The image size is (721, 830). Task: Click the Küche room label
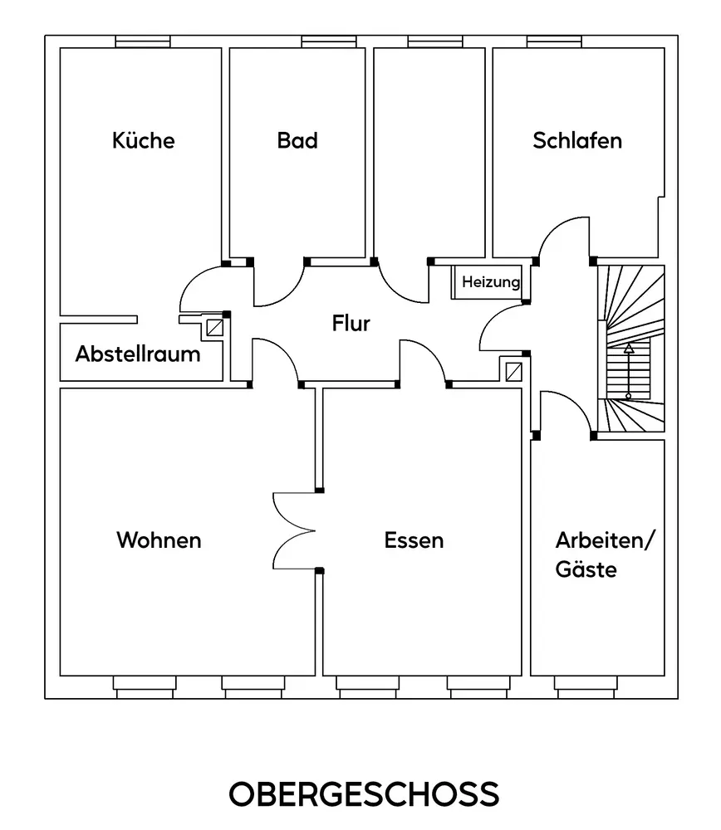144,140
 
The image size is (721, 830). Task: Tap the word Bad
297,140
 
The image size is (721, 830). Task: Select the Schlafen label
577,140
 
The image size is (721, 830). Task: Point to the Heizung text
491,282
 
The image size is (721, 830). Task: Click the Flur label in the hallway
351,324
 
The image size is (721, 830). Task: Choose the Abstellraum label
138,354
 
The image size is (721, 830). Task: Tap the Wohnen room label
159,540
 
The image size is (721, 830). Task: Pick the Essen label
414,540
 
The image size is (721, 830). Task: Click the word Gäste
586,570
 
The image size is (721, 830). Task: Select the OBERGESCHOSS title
364,793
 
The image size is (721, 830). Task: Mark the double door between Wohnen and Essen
293,530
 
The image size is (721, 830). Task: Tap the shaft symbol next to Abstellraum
215,326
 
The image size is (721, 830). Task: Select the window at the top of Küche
143,41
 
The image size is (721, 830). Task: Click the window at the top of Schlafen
554,41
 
